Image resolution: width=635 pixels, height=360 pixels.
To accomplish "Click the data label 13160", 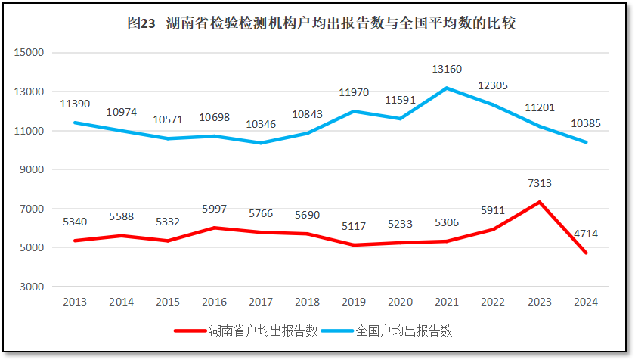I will (447, 70).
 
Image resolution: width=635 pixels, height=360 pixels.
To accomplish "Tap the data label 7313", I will (540, 184).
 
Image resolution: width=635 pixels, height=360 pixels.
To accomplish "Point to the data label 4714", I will (585, 234).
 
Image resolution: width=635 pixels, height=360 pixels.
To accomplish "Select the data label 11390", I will (75, 103).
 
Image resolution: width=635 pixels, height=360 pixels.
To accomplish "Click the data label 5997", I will (214, 209).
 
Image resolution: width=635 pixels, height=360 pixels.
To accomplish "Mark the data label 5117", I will (353, 226).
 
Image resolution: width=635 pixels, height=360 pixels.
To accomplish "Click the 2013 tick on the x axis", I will (75, 302).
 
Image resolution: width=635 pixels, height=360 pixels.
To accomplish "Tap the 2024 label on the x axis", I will (586, 302).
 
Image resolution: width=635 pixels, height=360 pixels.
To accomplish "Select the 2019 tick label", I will (353, 302).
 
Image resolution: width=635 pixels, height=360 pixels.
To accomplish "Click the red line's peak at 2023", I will (539, 202).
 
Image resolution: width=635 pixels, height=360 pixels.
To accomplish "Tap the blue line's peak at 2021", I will (446, 88).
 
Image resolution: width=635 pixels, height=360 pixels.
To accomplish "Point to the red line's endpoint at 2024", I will (586, 253).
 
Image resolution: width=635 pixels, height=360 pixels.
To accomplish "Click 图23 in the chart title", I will (141, 23).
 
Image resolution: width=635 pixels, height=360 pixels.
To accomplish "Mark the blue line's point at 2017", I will (261, 143).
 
